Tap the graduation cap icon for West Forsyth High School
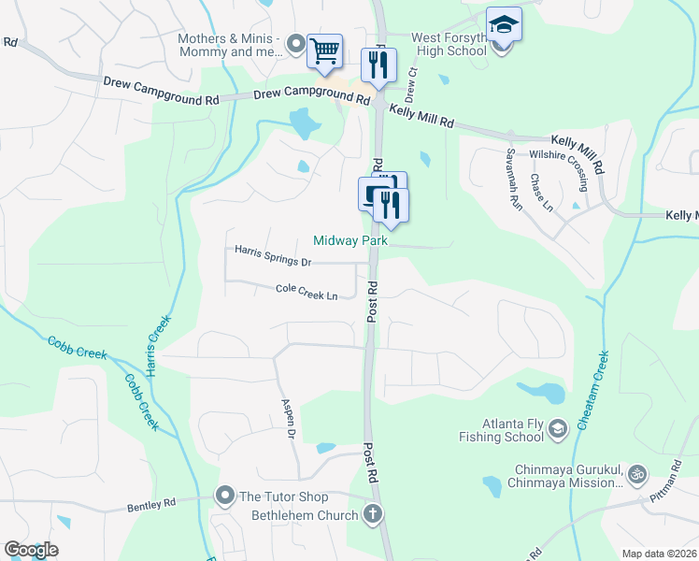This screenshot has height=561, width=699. coord(504,24)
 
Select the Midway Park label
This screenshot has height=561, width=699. coord(350,240)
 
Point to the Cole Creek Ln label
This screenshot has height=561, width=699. coord(307,292)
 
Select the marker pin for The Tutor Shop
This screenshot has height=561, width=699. coord(224,495)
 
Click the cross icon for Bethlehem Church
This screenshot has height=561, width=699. coord(372,513)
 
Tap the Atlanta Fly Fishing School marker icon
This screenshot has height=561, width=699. coord(558,428)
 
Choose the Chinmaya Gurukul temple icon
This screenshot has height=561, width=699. coord(637,474)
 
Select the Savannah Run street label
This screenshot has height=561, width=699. coord(513,177)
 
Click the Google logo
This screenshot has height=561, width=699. coord(31,550)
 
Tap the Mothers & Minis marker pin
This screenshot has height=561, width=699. coord(296,43)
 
